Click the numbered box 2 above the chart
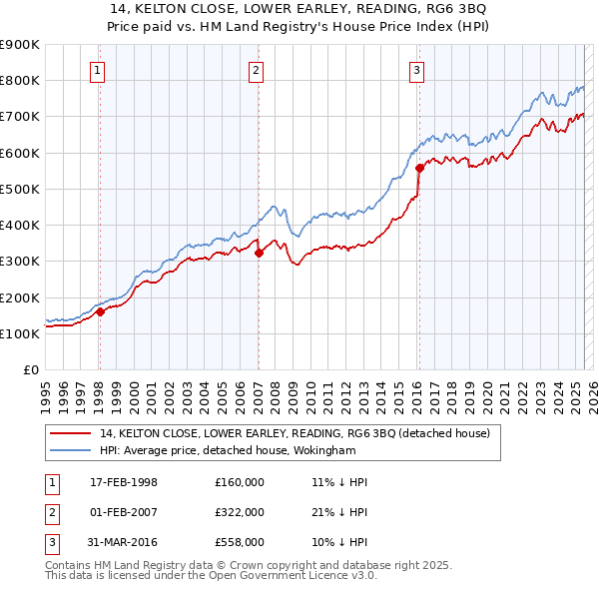257,70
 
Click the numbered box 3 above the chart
416,70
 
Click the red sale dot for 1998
100,311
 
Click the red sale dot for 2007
259,253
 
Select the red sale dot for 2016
419,168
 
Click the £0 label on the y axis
30,370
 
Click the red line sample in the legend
70,434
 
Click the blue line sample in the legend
70,451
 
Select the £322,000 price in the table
239,511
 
